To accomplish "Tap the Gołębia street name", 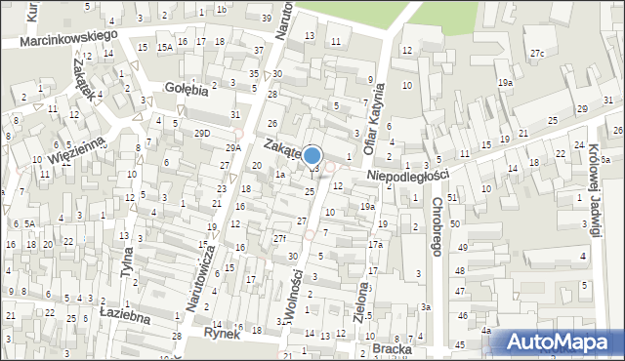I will click(x=186, y=89).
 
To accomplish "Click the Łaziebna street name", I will click(x=124, y=316).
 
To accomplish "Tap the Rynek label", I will click(x=222, y=333).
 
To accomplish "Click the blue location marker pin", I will click(x=312, y=156).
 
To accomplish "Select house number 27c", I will click(x=537, y=53).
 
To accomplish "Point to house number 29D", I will click(x=202, y=133).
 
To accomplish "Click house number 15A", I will click(x=165, y=47).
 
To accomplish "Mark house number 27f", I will click(x=279, y=238).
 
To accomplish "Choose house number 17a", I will click(x=375, y=244).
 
